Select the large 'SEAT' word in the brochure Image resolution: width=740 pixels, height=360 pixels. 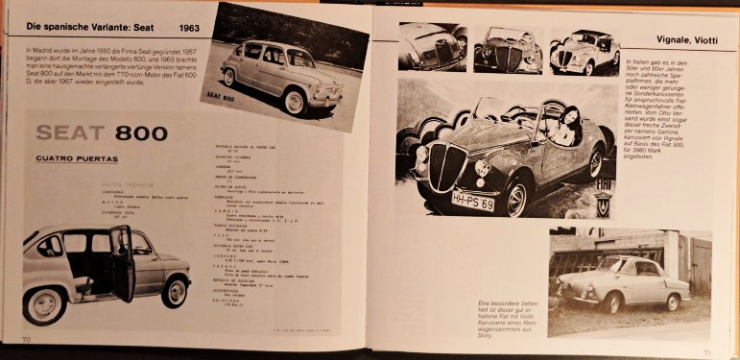coord(67,133)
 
